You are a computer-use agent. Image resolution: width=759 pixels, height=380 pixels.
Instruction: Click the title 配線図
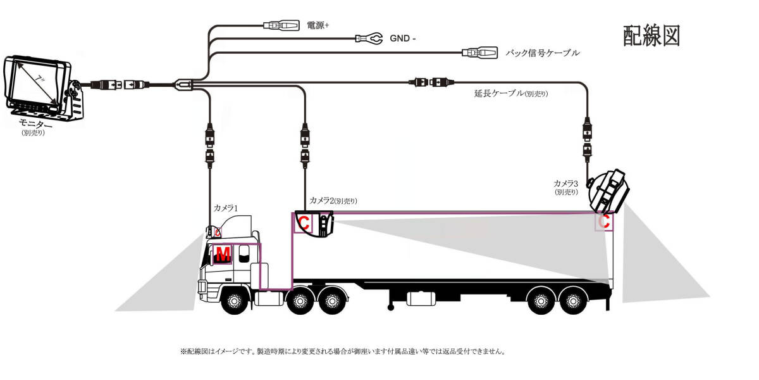(x=651, y=36)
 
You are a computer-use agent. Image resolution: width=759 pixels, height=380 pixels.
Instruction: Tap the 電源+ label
(x=318, y=25)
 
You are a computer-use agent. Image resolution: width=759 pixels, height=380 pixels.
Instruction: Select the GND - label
(x=403, y=39)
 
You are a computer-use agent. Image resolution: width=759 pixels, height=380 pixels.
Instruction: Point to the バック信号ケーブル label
(x=543, y=53)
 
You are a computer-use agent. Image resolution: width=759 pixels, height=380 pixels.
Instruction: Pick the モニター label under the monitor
(x=36, y=123)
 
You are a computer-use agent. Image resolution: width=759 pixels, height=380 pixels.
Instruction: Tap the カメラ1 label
(x=225, y=207)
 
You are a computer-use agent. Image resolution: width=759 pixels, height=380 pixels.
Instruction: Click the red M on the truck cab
(x=223, y=255)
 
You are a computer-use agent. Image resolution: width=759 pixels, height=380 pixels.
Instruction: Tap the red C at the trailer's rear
(x=605, y=222)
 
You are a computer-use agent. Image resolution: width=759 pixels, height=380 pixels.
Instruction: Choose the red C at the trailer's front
(x=304, y=223)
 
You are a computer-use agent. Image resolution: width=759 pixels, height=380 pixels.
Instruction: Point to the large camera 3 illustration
(x=608, y=189)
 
